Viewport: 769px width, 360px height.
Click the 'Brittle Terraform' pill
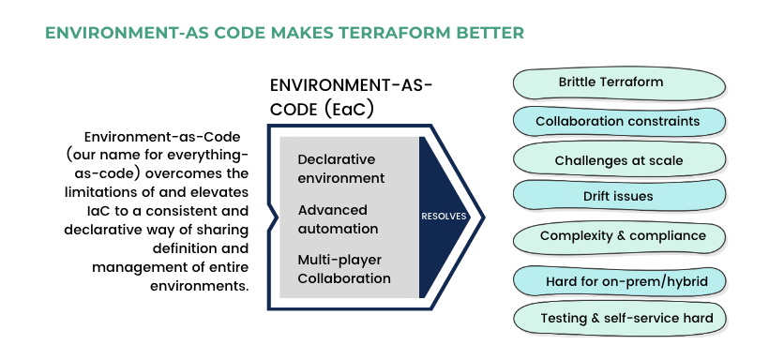pos(611,82)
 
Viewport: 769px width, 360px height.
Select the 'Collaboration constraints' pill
pos(617,121)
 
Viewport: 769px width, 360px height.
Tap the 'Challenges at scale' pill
pos(618,160)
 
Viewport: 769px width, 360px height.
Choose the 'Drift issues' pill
pos(617,197)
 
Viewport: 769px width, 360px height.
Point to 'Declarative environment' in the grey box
pos(341,169)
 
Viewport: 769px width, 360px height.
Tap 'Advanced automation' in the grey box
pos(338,218)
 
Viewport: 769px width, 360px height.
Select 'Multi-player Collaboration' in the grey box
pos(343,268)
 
